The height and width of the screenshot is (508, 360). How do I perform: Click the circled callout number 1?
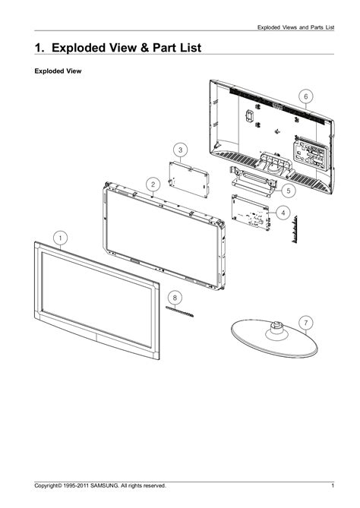(61, 238)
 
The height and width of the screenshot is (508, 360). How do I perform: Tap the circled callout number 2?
(153, 185)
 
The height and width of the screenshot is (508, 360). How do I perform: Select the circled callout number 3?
(181, 150)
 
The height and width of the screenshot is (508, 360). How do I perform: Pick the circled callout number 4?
(283, 213)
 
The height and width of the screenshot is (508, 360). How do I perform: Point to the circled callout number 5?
(288, 191)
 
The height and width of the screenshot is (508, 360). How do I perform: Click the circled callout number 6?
(305, 96)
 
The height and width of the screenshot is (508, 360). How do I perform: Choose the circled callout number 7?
(306, 323)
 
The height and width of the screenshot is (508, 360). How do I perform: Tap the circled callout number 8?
(175, 298)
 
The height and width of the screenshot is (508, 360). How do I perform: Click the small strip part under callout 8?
(179, 311)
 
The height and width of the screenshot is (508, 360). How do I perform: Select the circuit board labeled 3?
(188, 179)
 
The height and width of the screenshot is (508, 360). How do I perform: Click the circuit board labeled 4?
(251, 212)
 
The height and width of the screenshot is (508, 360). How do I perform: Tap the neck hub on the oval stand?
(276, 330)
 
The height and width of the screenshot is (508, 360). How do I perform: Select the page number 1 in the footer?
(333, 486)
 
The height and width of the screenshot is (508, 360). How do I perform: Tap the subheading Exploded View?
(58, 71)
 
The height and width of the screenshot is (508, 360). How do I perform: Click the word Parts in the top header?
(317, 27)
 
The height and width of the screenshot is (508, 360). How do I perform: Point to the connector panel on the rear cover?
(311, 153)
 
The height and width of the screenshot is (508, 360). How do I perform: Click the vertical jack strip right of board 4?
(295, 229)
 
